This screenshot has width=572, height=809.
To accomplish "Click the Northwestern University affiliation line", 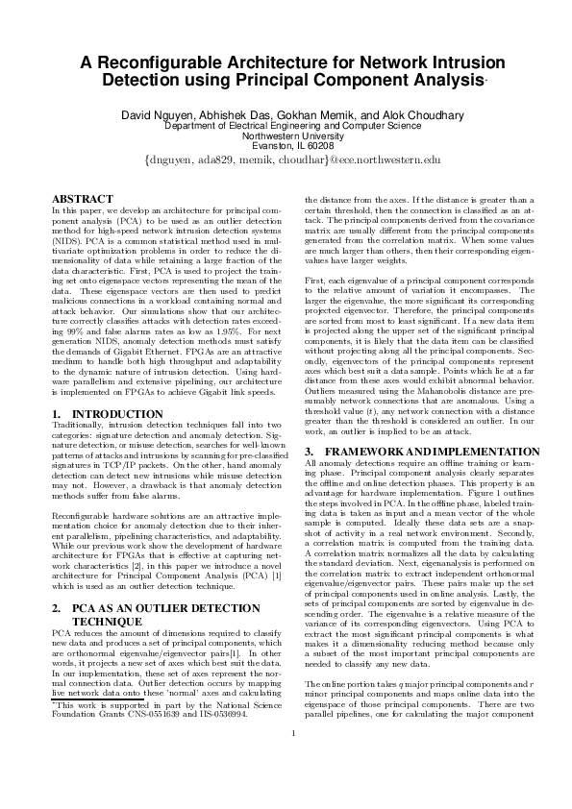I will pyautogui.click(x=286, y=135).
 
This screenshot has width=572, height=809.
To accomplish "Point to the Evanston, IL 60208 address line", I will pyautogui.click(x=286, y=146).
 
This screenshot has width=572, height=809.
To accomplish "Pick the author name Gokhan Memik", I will pyautogui.click(x=326, y=115).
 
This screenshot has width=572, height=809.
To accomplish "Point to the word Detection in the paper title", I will pyautogui.click(x=140, y=82).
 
